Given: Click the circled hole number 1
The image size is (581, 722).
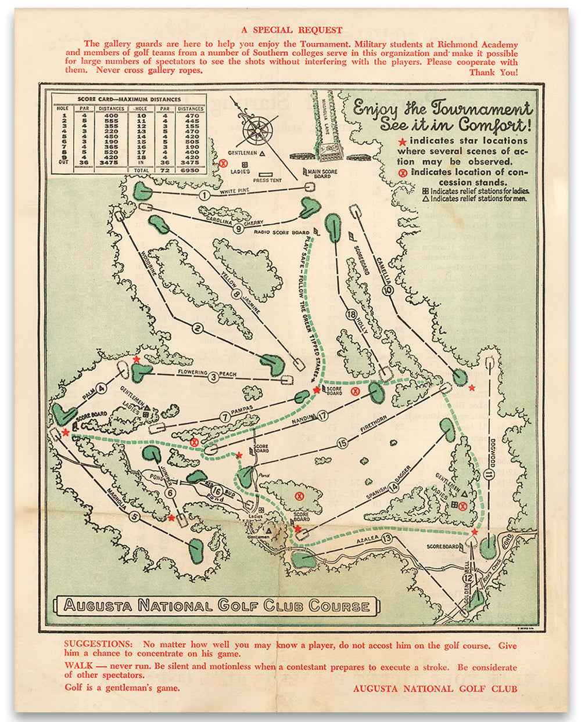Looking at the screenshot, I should point(204,196).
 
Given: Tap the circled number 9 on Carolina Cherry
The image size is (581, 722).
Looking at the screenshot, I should point(239,229).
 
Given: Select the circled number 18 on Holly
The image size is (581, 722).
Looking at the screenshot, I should point(350,315).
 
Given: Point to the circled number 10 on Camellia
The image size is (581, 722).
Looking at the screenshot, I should point(388,291).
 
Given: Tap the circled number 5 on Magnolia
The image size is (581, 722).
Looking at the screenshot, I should point(135,516).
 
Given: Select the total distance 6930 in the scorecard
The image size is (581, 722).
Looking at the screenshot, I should point(190,170).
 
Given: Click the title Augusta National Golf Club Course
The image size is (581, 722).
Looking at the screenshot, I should point(217,606).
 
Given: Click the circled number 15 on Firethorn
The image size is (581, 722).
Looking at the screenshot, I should point(342,443).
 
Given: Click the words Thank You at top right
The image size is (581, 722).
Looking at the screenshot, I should point(493,72).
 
